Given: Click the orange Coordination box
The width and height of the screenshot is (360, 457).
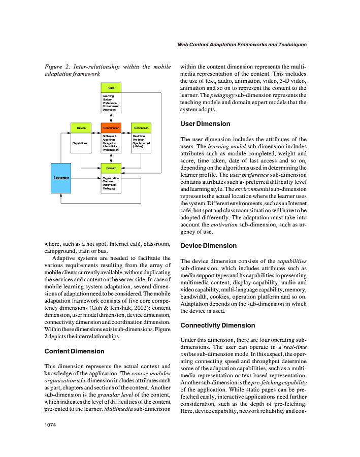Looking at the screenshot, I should tap(111, 127).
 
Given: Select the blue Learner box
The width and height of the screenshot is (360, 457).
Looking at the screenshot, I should tap(61, 178).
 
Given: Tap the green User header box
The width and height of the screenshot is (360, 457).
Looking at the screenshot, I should tap(111, 88).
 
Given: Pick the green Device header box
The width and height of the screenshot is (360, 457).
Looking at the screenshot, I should tap(81, 127).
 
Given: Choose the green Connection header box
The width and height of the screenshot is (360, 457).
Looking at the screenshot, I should tap(141, 127).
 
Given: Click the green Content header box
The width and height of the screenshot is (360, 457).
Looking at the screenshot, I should tap(111, 168).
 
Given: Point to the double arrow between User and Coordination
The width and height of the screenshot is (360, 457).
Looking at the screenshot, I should tap(111, 117).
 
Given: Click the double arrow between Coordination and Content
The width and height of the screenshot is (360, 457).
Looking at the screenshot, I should tap(111, 158).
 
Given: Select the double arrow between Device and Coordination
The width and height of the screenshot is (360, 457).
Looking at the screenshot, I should tap(96, 127).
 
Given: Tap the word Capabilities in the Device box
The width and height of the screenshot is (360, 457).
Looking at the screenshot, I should tap(80, 144).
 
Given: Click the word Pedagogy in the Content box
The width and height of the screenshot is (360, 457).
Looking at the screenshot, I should tap(109, 189).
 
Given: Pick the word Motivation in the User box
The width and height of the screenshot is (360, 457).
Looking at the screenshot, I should tap(110, 110).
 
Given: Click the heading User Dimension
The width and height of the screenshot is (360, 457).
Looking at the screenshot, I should tap(205, 124).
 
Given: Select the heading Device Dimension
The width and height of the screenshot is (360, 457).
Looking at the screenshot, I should tap(208, 246).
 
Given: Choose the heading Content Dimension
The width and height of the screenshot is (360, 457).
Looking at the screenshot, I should tap(74, 351).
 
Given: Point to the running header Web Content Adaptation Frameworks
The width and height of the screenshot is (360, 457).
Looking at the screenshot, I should tap(242, 45).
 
